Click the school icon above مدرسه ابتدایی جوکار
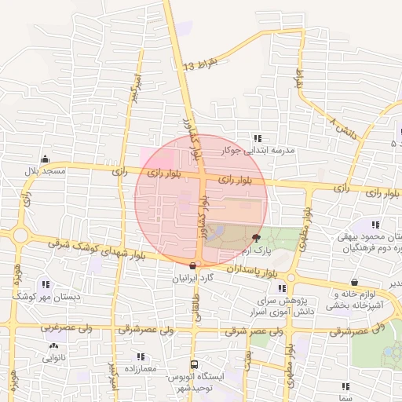(x=258, y=138)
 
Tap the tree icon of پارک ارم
(x=256, y=237)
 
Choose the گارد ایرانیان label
(x=193, y=277)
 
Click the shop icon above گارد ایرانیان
(x=193, y=265)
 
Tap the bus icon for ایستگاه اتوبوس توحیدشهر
(x=194, y=364)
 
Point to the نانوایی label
(x=54, y=357)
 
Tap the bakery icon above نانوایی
(x=53, y=345)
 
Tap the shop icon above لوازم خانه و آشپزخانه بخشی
(x=355, y=282)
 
